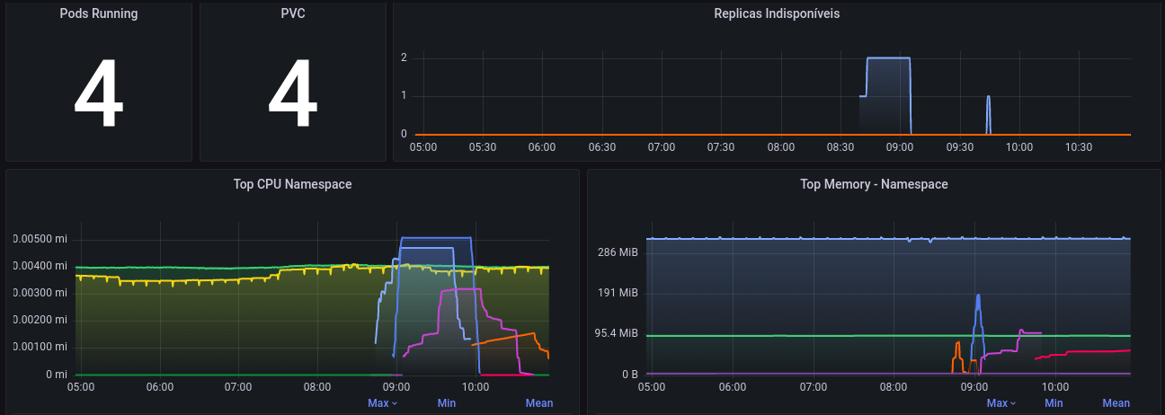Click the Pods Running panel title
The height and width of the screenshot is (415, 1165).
tap(99, 13)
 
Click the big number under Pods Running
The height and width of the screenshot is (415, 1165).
tap(99, 95)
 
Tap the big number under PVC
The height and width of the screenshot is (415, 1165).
tap(293, 95)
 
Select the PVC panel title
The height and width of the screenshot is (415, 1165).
tap(293, 13)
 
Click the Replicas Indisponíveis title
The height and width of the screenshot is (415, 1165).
tap(777, 13)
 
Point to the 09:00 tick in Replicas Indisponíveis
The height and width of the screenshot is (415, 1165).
tap(899, 146)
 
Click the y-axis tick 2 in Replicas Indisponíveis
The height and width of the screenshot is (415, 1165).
tap(404, 57)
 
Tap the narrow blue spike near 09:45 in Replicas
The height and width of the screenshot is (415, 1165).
tap(988, 97)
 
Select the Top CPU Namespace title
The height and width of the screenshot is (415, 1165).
tap(292, 184)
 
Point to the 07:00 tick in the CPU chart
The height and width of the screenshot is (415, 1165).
tap(238, 387)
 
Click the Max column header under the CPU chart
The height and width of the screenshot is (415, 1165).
tap(382, 403)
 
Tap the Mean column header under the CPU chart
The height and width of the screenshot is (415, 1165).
tap(539, 403)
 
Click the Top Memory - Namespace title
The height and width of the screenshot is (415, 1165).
tap(874, 184)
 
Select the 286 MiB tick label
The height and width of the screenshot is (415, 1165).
tap(618, 252)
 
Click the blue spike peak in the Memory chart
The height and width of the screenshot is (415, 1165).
tap(978, 296)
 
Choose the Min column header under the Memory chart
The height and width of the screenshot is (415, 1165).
tap(1054, 403)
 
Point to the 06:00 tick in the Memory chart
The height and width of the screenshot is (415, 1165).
tap(733, 387)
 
